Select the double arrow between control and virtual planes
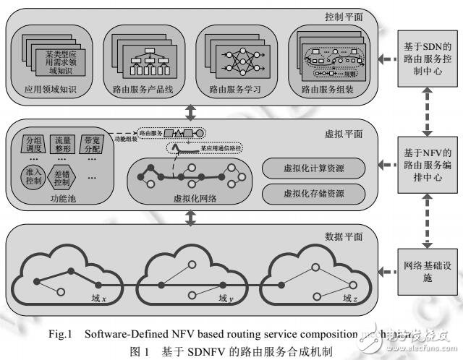189,113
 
